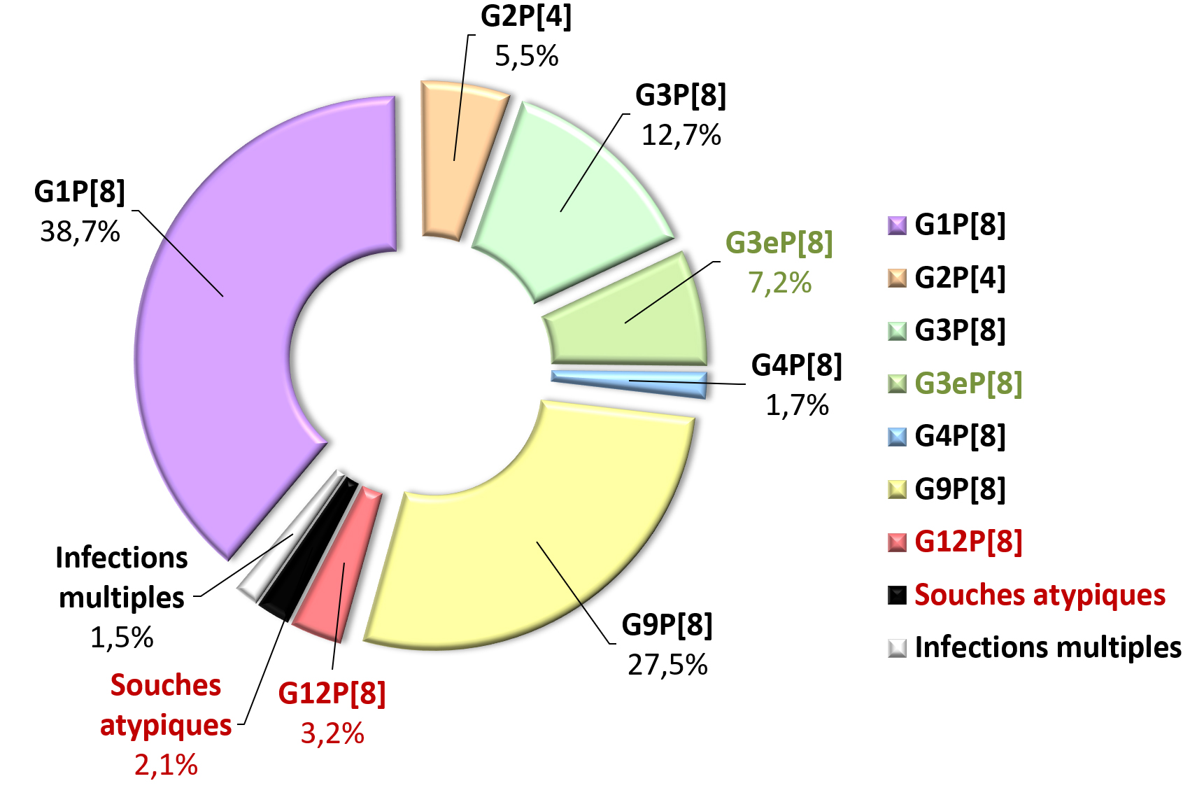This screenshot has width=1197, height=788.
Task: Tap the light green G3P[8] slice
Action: [x=567, y=203]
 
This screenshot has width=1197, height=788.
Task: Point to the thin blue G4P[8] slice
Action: [x=630, y=381]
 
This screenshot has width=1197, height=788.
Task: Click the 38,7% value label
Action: [x=80, y=232]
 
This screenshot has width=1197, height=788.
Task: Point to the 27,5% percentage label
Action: [x=667, y=665]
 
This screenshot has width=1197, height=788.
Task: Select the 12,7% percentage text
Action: [x=681, y=135]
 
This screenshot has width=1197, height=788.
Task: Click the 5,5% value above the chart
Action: [x=526, y=56]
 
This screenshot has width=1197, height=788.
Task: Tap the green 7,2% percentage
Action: [x=779, y=283]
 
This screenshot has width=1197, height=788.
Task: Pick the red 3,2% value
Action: [x=332, y=733]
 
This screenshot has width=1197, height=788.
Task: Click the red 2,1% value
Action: [x=166, y=765]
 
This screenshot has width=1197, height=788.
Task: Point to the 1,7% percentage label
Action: [x=797, y=405]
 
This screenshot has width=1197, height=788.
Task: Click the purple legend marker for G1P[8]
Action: [x=897, y=225]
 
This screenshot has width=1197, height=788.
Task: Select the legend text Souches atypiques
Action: [x=1040, y=595]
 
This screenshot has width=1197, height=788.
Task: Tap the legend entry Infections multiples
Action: [x=1047, y=647]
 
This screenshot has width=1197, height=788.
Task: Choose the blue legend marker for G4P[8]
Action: [x=897, y=437]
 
